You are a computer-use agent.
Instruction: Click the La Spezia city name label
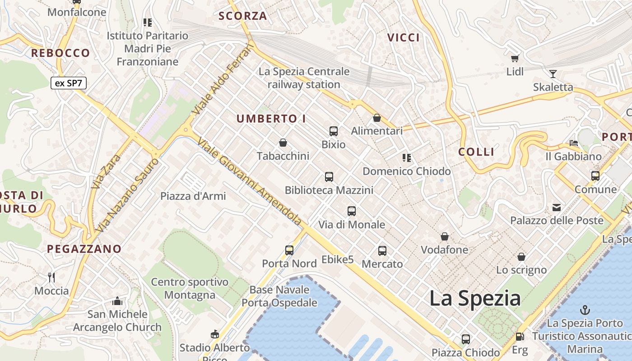475,299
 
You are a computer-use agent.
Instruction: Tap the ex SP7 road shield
68,83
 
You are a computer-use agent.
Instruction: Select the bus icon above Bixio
334,131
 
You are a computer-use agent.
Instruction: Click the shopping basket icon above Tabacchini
283,143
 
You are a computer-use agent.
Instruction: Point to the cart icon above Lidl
515,58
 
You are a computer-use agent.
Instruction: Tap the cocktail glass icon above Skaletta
553,74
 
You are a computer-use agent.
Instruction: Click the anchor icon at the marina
585,310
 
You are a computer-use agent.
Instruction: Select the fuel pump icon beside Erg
520,337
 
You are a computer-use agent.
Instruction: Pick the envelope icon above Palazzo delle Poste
557,208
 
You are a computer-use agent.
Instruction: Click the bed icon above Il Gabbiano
574,143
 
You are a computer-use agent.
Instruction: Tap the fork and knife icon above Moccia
51,277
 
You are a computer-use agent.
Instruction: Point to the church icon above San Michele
117,301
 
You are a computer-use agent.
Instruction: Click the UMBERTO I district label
271,119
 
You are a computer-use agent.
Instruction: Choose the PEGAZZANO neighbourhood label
84,249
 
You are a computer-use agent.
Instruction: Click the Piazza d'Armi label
193,196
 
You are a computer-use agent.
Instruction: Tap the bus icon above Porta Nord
289,250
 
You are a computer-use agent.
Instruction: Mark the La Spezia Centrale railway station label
304,78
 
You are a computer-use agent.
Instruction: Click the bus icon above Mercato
382,251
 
